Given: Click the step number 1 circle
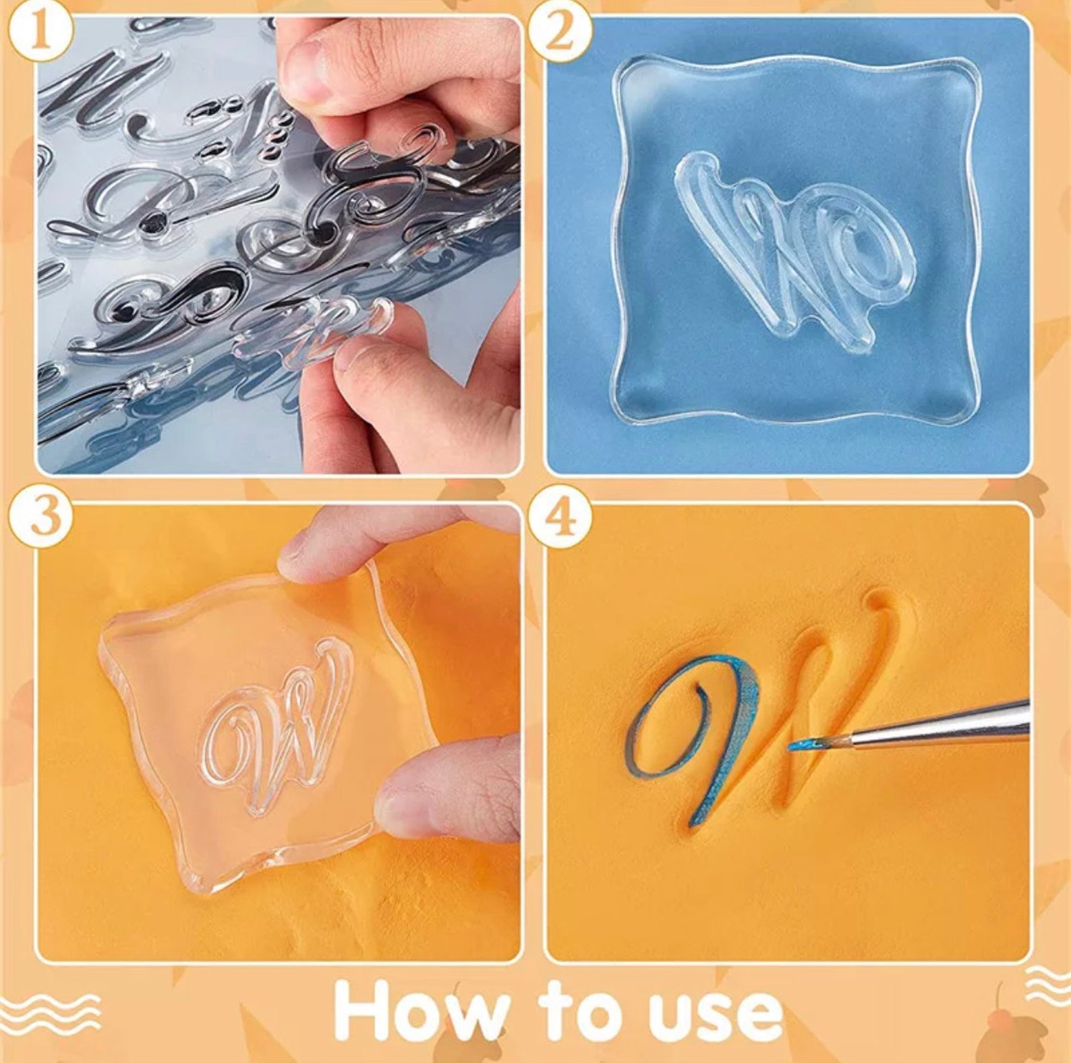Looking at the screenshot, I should [40, 32].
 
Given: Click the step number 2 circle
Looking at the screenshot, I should [559, 32].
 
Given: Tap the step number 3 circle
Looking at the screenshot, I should [40, 518].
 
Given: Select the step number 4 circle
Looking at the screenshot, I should [559, 518].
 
